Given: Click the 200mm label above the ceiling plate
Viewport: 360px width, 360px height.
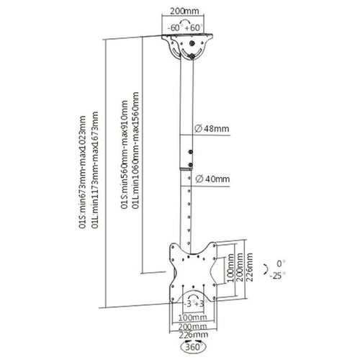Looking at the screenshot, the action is [184, 11].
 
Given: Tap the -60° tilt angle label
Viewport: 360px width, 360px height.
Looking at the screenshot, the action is [174, 28].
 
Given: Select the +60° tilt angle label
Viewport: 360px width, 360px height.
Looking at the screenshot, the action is [194, 28].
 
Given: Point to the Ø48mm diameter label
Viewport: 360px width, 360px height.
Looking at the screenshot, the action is [212, 129].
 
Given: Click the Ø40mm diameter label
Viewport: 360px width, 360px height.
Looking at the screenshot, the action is [212, 179].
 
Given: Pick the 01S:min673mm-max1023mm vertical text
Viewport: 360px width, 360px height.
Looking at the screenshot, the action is [83, 172].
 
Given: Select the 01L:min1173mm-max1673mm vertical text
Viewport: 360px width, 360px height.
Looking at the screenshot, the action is [95, 170].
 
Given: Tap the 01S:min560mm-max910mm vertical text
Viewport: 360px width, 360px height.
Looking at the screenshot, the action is [124, 155].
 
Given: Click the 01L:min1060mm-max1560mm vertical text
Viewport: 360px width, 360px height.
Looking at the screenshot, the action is [135, 150].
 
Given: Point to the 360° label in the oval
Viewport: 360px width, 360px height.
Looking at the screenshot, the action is [193, 347].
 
